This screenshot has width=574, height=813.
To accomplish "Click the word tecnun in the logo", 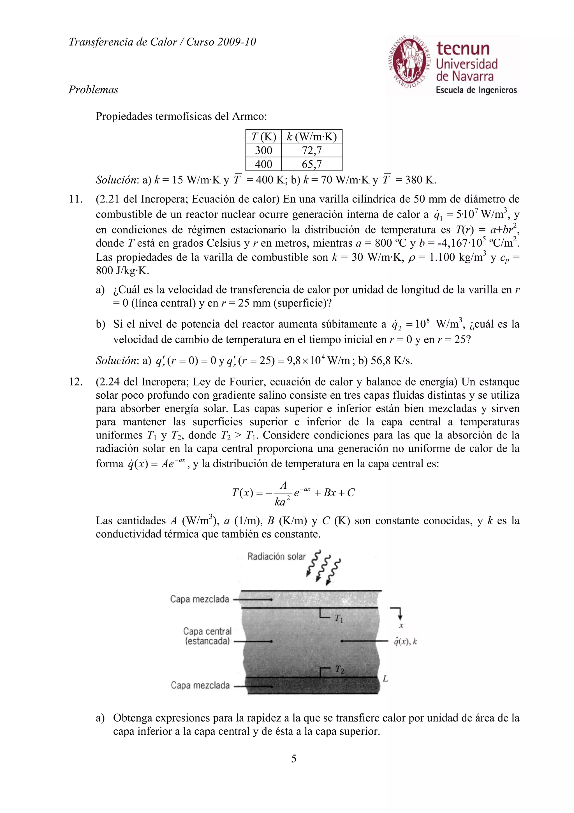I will (x=463, y=49).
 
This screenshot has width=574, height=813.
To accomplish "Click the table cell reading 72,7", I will (x=312, y=150).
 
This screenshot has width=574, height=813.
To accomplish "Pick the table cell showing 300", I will (x=263, y=150).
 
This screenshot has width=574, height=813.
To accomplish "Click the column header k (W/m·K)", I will (x=312, y=137).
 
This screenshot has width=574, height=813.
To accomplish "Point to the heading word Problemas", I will (x=93, y=89).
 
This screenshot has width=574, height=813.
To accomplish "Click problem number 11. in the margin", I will (x=75, y=199).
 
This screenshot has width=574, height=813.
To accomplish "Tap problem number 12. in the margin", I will (x=75, y=382).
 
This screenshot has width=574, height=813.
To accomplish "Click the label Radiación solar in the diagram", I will (x=276, y=557).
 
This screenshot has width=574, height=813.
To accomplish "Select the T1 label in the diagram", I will (x=339, y=619).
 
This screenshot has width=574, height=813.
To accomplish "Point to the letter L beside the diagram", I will (x=385, y=678).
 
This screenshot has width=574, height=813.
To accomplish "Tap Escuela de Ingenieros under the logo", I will (x=476, y=90).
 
